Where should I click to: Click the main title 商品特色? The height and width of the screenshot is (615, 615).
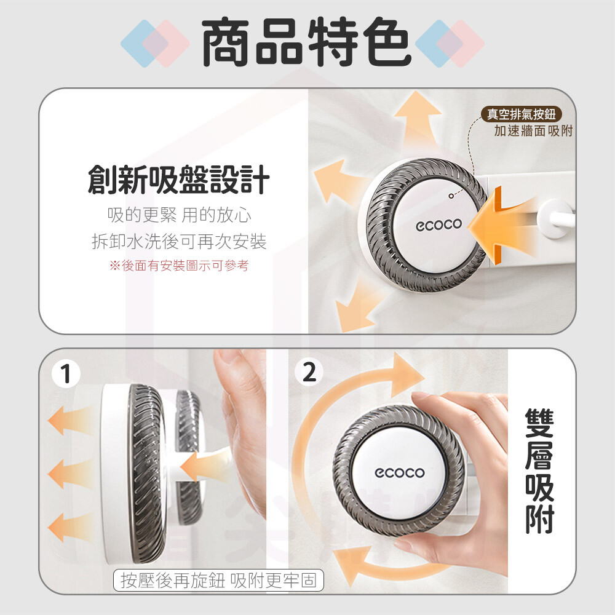click(x=306, y=42)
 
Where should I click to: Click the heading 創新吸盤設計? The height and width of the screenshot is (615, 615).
click(x=179, y=180)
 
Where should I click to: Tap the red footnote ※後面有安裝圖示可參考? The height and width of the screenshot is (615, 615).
click(x=179, y=266)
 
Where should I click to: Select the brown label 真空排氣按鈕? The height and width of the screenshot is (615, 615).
click(x=522, y=114)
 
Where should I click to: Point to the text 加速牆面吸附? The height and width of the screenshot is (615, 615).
click(x=533, y=130)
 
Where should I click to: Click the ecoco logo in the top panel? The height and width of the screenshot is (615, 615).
click(x=439, y=224)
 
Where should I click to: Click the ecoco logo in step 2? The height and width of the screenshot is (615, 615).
click(x=399, y=472)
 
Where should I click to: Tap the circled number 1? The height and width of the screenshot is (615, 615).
click(x=66, y=373)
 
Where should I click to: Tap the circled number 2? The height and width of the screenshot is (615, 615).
click(x=309, y=371)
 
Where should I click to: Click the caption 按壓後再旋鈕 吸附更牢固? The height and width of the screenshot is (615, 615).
click(x=218, y=580)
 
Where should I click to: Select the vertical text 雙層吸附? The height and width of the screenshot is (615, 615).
click(x=539, y=470)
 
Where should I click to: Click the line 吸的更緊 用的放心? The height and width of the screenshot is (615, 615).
click(x=179, y=215)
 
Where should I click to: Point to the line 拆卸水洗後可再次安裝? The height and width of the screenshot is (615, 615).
click(x=179, y=241)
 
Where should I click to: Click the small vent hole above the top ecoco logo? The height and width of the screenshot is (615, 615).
click(x=451, y=196)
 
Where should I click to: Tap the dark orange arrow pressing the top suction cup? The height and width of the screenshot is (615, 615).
click(x=500, y=226)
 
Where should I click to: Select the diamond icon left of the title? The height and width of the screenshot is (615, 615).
click(x=156, y=43)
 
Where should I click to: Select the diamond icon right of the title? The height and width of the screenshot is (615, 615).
click(x=450, y=43)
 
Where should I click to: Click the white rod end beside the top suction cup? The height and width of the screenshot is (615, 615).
click(x=554, y=218)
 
